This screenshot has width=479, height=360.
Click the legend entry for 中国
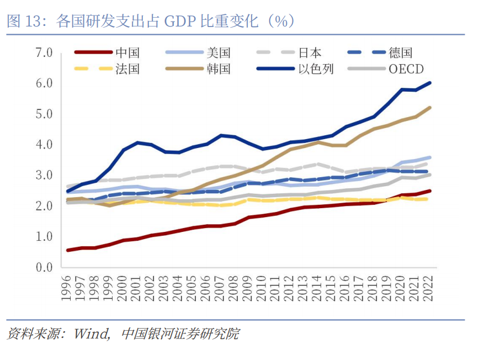point(127,53)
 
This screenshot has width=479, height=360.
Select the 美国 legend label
point(219,53)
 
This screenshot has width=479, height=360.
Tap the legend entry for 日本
point(310,53)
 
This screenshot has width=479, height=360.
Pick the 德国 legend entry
point(400,53)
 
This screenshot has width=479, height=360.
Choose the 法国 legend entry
point(127,69)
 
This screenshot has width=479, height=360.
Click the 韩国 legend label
point(219,69)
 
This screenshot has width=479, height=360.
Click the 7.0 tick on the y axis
point(43,53)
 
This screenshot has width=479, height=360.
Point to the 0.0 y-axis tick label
point(43,267)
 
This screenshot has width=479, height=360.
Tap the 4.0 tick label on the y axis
point(43,145)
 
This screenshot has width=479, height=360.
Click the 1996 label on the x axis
point(67,288)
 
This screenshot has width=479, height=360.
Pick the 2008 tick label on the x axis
point(235,288)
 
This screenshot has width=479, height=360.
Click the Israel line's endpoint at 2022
point(429,83)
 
